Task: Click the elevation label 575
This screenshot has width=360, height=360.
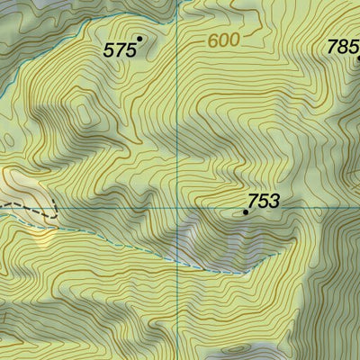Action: point(119,51)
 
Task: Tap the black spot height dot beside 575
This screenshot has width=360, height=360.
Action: point(139,38)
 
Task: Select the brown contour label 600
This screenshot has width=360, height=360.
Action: point(224,40)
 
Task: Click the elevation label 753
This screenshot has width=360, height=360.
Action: point(263,201)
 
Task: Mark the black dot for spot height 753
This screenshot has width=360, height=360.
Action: point(246,213)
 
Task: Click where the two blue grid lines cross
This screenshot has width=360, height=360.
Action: point(178,206)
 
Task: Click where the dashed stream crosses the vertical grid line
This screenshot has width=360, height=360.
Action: point(178,264)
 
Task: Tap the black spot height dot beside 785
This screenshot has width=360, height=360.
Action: point(358,58)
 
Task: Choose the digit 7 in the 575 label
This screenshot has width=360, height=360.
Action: point(119,51)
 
